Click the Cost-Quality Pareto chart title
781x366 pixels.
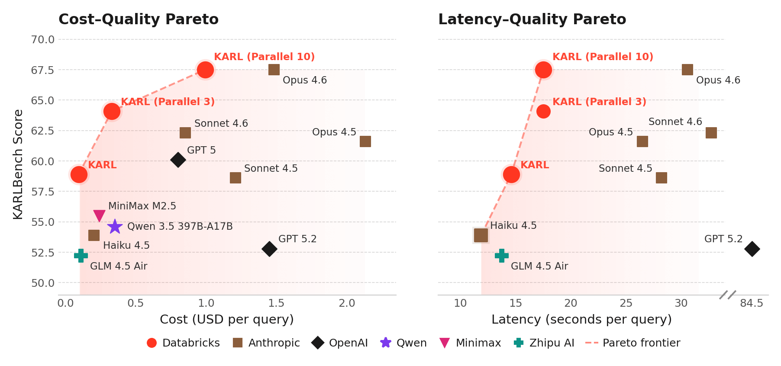[139, 19]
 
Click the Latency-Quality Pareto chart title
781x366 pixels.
[532, 19]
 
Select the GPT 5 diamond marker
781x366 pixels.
[178, 160]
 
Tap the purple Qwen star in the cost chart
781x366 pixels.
[115, 226]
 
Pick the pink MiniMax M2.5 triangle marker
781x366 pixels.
[100, 215]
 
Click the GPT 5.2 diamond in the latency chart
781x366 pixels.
[752, 249]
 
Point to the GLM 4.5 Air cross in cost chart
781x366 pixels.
[81, 256]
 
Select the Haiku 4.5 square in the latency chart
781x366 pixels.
[481, 235]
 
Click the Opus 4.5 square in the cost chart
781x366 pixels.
[365, 141]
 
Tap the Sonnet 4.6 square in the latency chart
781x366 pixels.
[711, 133]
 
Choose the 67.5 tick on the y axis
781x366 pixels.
[42, 70]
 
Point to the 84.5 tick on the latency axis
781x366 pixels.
[752, 303]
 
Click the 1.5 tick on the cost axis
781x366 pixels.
[276, 303]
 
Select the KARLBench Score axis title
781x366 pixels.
[18, 164]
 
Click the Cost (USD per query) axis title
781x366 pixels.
[227, 320]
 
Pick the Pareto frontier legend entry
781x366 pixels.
[633, 343]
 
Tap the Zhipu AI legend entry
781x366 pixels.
[544, 343]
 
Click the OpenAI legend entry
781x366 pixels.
[340, 343]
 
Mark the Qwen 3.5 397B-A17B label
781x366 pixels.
[180, 227]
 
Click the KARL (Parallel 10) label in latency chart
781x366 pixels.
[603, 57]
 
